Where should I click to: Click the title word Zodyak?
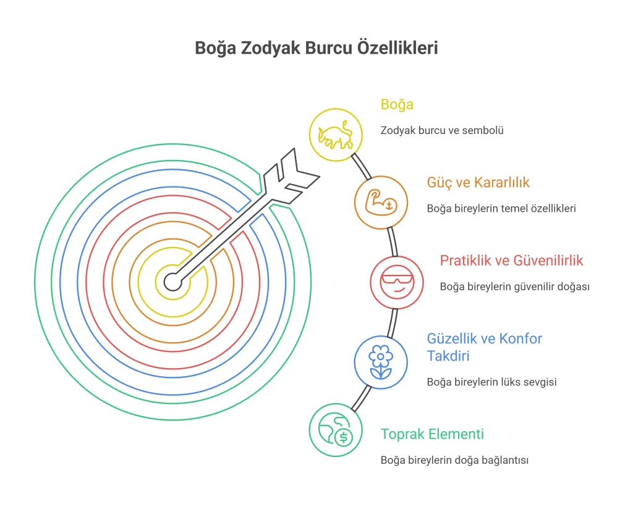point(271,48)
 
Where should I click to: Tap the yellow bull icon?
point(335,135)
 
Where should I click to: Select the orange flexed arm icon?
point(381,202)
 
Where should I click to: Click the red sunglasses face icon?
point(397,282)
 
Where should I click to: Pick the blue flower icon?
point(380,362)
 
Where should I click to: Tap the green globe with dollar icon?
point(336,429)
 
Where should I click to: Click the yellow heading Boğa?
point(397,104)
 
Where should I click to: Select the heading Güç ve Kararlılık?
point(478,182)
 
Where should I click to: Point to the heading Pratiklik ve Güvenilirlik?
point(511,260)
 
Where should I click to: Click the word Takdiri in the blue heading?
point(448,356)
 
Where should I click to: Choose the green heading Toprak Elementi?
point(432,434)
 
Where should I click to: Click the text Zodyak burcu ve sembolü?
point(442,130)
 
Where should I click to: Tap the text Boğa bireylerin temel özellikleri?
point(501,208)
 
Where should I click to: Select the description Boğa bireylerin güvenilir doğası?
point(515,287)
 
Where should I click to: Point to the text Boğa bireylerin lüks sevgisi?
point(491,382)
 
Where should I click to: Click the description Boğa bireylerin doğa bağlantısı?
point(454,460)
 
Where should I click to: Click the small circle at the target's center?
point(173,282)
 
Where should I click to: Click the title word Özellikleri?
point(397,48)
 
